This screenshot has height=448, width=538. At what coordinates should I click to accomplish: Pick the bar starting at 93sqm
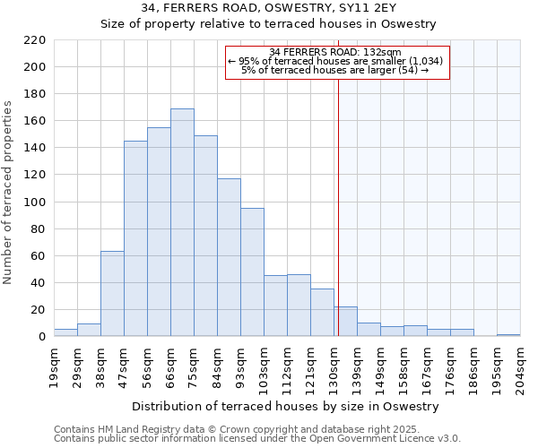click(252, 272)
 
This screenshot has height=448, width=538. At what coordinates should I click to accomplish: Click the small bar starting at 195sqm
click(508, 335)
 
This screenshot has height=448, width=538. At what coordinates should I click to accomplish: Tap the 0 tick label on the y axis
click(42, 337)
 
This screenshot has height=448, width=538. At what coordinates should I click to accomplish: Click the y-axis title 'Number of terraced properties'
click(8, 193)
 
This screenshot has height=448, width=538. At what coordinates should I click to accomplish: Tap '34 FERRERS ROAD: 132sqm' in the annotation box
click(334, 52)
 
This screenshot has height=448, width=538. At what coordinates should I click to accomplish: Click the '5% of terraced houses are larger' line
click(334, 70)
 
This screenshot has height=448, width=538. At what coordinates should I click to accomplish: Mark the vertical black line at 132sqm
click(338, 224)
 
